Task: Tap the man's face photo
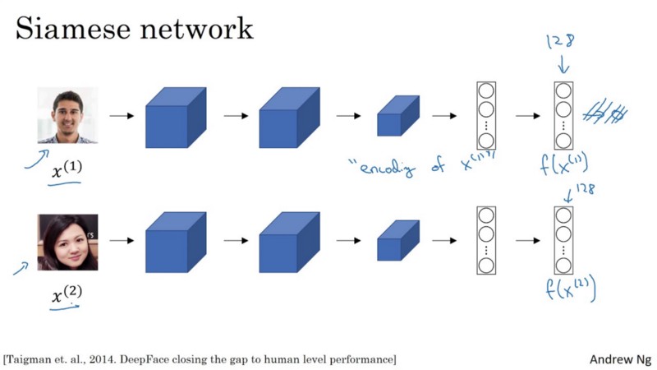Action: [x=67, y=115]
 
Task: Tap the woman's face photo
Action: [x=67, y=242]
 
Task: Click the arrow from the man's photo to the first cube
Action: [x=121, y=116]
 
